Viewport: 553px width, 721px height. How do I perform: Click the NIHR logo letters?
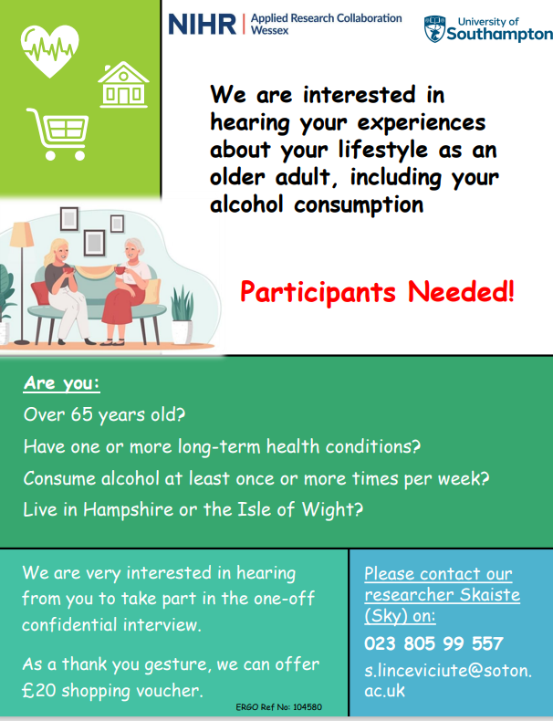click(x=203, y=25)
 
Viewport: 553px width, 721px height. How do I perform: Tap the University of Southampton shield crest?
click(x=434, y=29)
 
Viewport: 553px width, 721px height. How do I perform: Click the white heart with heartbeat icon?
click(x=49, y=50)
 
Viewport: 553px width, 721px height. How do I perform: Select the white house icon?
click(x=123, y=85)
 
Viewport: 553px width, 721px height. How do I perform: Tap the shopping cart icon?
click(x=57, y=134)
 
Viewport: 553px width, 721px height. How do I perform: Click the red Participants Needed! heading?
click(x=377, y=292)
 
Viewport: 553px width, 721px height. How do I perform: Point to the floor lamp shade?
click(x=22, y=234)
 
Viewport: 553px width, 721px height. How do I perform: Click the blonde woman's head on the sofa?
click(x=57, y=252)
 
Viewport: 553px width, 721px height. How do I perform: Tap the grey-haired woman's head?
click(x=134, y=249)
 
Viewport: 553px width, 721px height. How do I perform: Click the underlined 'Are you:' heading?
click(x=62, y=383)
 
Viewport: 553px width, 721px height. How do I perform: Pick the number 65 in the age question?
click(x=82, y=414)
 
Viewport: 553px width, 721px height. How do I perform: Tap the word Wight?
click(x=332, y=510)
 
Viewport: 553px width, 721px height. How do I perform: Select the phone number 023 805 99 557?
click(x=434, y=643)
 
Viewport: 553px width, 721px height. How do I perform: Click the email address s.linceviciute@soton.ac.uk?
click(x=448, y=680)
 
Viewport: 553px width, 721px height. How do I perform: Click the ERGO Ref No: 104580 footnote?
click(x=279, y=706)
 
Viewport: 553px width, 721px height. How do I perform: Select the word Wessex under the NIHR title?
click(x=269, y=30)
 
